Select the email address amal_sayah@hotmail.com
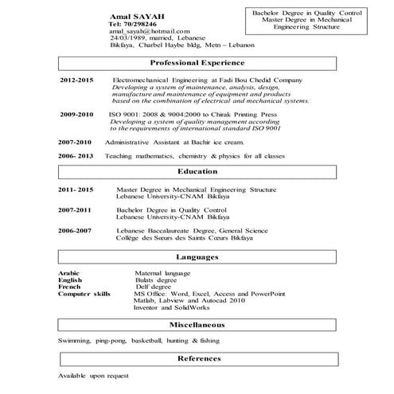click(146, 31)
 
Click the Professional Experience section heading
click(198, 63)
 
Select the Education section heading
click(198, 171)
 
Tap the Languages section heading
click(198, 257)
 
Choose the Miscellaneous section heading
click(198, 325)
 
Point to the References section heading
click(198, 359)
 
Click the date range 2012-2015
click(76, 81)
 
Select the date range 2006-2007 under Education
click(75, 231)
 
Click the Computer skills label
click(84, 294)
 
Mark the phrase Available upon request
click(92, 375)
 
